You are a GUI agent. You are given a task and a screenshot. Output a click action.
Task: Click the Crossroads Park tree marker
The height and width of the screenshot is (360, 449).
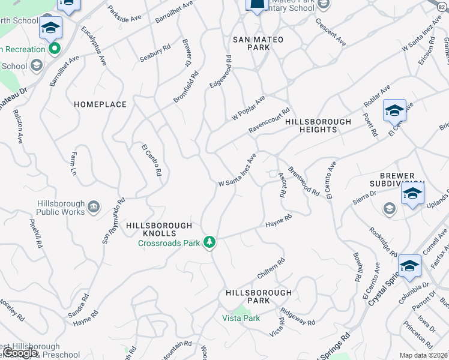click(209, 242)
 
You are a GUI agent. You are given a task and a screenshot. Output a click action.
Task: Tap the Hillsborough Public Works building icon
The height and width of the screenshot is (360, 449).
click(93, 208)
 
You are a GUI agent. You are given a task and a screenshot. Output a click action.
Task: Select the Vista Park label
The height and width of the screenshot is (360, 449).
click(241, 318)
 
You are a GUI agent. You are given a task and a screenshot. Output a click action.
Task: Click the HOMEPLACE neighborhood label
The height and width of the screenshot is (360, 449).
click(100, 104)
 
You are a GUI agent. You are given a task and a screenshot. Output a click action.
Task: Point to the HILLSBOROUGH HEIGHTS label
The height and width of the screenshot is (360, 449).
click(318, 125)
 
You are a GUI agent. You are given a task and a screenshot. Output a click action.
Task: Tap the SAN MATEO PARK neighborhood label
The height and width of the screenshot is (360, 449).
click(258, 43)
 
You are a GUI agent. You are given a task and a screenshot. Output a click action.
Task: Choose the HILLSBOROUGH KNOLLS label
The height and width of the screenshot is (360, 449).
click(159, 229)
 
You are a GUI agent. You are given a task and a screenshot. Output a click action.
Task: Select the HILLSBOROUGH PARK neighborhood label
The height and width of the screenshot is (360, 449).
click(258, 296)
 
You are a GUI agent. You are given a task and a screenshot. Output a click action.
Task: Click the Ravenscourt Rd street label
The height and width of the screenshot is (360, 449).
click(270, 122)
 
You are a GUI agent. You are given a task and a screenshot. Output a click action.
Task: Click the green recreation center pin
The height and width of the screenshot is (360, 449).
click(55, 49)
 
